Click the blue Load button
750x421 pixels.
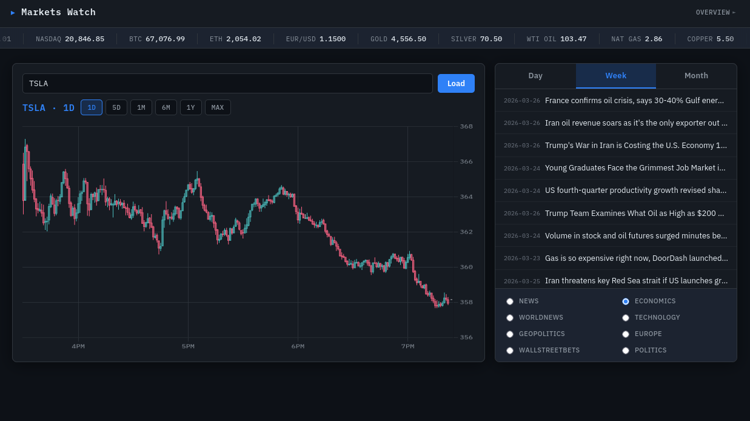(x=456, y=84)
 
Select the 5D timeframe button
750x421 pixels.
(x=116, y=108)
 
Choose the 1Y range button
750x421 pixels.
(x=190, y=108)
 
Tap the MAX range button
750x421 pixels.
(x=218, y=108)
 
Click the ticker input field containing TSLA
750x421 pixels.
(x=227, y=84)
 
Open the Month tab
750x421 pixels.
(x=696, y=76)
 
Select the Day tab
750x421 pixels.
(x=535, y=76)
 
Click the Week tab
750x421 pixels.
(x=615, y=76)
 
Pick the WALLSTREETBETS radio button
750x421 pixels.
(x=510, y=351)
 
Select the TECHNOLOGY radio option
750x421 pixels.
(x=626, y=318)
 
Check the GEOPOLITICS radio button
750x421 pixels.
(x=510, y=334)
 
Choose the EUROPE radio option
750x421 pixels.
(x=626, y=334)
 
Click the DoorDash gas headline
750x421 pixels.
(x=636, y=258)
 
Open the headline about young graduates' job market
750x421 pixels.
(x=635, y=168)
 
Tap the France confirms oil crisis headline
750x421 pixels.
(x=634, y=101)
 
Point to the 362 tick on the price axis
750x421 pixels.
(x=466, y=232)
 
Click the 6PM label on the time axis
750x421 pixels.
(x=298, y=346)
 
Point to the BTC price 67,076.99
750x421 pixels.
(x=165, y=39)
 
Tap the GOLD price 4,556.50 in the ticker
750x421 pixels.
(x=408, y=39)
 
